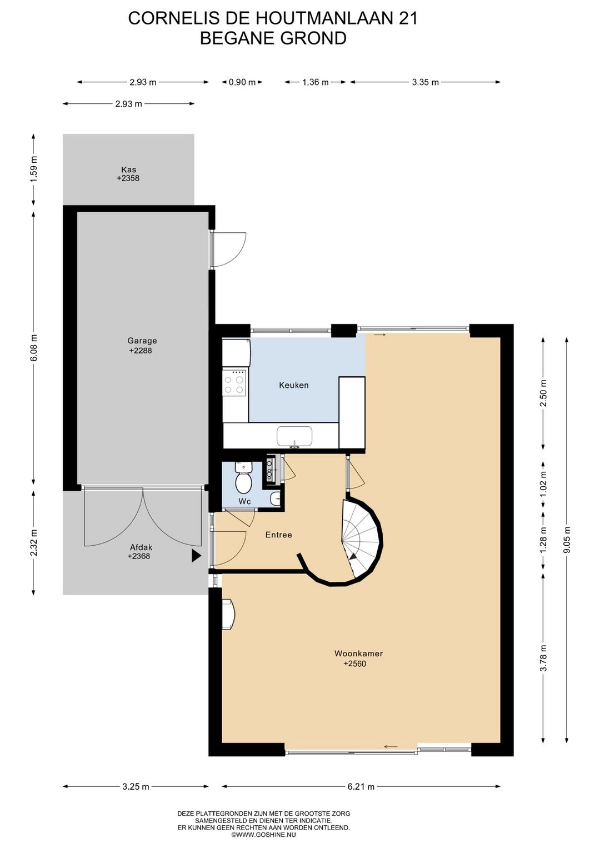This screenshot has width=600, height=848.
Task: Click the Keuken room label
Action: coord(294,386)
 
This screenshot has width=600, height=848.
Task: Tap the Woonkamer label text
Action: coord(358,654)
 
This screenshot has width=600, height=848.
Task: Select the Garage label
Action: coord(142,341)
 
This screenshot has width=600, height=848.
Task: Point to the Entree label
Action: coord(279,535)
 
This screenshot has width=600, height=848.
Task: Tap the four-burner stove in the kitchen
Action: coord(234,382)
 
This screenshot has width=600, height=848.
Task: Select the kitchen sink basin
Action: coord(294,436)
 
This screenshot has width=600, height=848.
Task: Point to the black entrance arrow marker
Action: coord(196,556)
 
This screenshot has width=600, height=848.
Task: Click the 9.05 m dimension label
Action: coord(567,540)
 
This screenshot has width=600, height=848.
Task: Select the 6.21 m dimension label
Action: coord(361,787)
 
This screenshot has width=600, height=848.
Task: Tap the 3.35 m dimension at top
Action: coord(425,82)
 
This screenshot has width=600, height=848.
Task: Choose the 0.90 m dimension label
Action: coord(242,82)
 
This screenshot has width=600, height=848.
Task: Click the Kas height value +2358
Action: coord(128,178)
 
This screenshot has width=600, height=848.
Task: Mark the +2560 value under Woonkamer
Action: coord(354,664)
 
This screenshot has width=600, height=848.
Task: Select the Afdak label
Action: coord(141,547)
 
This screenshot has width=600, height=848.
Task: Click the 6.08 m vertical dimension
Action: coord(34,347)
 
